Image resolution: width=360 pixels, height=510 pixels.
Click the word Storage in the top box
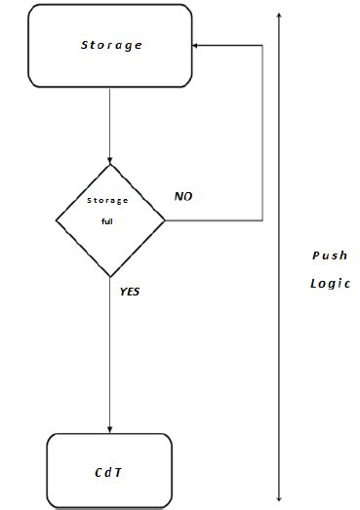111,45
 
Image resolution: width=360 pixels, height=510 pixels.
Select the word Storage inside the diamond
109,201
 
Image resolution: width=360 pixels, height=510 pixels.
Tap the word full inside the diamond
109,221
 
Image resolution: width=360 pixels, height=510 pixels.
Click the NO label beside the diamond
183,196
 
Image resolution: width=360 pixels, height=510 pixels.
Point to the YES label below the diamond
130,291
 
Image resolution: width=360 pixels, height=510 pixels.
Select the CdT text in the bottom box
109,471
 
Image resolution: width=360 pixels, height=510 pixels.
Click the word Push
329,255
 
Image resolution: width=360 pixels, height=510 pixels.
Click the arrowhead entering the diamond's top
110,161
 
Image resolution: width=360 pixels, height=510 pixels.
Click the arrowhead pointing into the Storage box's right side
197,45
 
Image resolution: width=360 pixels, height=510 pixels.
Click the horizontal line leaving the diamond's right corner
215,220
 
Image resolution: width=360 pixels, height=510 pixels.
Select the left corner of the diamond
57,220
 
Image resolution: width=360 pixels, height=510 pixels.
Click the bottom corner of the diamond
110,277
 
